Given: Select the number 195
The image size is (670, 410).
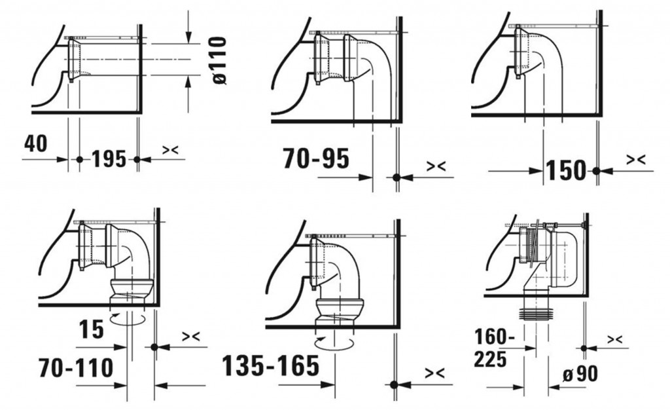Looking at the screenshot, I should [x=108, y=158].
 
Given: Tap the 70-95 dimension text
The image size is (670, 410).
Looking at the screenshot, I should [x=316, y=158].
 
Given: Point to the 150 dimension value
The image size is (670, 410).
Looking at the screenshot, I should [x=566, y=170].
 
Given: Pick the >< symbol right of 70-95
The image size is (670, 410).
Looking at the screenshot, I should [x=436, y=167].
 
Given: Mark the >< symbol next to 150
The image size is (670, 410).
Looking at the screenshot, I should [x=635, y=159].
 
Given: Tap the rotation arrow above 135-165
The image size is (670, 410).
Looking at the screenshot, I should [x=335, y=343].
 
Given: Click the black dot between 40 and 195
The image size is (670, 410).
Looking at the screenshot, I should [x=79, y=159].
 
